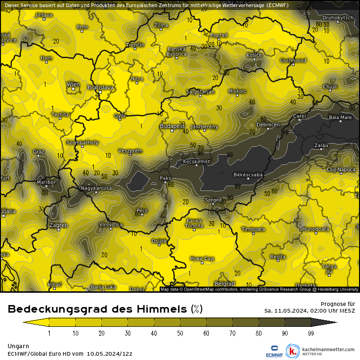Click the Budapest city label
[172, 126]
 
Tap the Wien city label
[73, 84]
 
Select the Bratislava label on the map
[100, 88]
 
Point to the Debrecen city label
[268, 125]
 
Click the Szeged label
[213, 200]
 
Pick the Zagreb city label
[59, 225]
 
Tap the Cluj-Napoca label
[341, 169]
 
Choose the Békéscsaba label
[248, 175]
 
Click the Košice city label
[254, 55]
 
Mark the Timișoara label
[253, 229]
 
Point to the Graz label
[38, 152]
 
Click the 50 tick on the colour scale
[180, 333]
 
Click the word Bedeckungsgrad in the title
[56, 309]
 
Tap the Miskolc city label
[237, 90]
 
